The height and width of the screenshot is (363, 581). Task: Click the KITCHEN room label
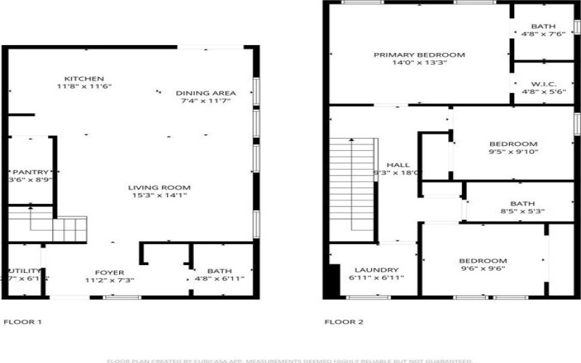pos(84,78)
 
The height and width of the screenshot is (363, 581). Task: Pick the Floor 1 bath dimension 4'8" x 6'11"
pos(219,279)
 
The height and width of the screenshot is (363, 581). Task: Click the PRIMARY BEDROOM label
pos(419,55)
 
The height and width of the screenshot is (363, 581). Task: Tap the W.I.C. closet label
pos(539,84)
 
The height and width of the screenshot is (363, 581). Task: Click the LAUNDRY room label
pos(371,269)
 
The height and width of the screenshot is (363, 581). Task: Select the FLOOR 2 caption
pos(344,322)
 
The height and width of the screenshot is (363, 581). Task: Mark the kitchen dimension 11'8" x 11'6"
pos(84,86)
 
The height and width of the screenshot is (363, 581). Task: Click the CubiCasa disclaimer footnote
pos(290,359)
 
